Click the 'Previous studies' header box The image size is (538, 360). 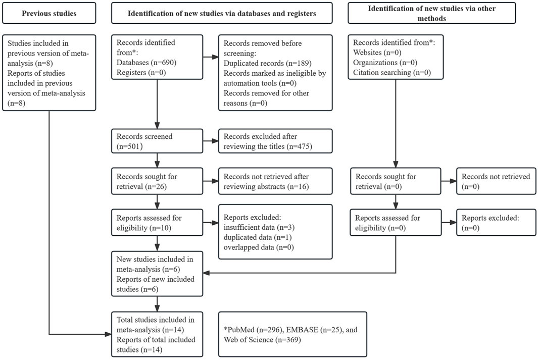pyautogui.click(x=49, y=13)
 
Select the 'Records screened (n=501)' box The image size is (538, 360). pyautogui.click(x=157, y=141)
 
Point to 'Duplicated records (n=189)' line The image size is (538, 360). pyautogui.click(x=267, y=63)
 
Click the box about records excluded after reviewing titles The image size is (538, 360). pyautogui.click(x=275, y=141)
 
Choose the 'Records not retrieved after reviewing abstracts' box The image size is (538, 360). pyautogui.click(x=275, y=181)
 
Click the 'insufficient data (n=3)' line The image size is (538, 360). pyautogui.click(x=259, y=227)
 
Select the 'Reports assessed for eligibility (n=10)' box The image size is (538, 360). pyautogui.click(x=157, y=223)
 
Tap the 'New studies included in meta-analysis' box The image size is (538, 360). pyautogui.click(x=157, y=274)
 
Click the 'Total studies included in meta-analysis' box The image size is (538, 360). pyautogui.click(x=157, y=334)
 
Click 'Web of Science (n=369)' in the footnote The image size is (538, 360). pyautogui.click(x=262, y=340)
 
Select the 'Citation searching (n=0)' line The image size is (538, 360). pyautogui.click(x=392, y=72)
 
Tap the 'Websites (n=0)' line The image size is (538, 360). pyautogui.click(x=377, y=53)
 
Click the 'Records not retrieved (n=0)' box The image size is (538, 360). pyautogui.click(x=496, y=181)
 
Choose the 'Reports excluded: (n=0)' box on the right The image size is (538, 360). pyautogui.click(x=496, y=223)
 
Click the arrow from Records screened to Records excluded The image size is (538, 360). pyautogui.click(x=211, y=141)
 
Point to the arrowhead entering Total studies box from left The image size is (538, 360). pyautogui.click(x=109, y=334)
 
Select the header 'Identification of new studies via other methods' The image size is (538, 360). pyautogui.click(x=431, y=13)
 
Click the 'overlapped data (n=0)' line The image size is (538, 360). pyautogui.click(x=259, y=247)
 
